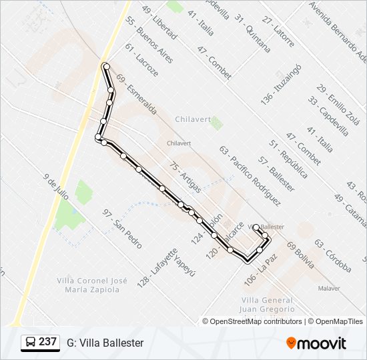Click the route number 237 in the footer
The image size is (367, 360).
coord(47,342)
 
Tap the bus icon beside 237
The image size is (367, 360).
coord(31,343)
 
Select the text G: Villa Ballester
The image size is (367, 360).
coord(105,343)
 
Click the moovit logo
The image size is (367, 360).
coord(316,343)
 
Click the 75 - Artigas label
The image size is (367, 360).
coord(185,176)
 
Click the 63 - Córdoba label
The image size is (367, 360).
coord(332,256)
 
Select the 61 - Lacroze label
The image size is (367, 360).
coord(141,59)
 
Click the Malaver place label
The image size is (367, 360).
coord(329,288)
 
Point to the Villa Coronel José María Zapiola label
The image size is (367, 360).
coord(91,284)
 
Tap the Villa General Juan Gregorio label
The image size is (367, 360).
coord(268,304)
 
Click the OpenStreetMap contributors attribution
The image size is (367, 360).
coord(252,321)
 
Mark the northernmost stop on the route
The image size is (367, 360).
coord(105,65)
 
